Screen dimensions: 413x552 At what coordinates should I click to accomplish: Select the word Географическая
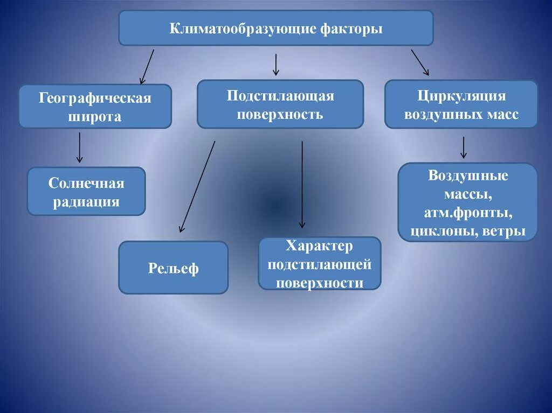coord(95,99)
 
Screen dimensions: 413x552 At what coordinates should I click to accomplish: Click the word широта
coord(95,116)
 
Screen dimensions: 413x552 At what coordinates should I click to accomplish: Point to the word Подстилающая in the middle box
coord(280,96)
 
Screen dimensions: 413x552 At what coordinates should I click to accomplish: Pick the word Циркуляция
coord(461,96)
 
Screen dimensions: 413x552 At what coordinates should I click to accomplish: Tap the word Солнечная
coord(86,184)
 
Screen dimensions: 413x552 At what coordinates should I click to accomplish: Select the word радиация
coord(86,202)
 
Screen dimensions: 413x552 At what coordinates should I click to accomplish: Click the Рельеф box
coord(173,268)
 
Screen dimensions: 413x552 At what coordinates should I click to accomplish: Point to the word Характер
coord(320,247)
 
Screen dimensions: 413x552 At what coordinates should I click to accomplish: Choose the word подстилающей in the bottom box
coord(320,265)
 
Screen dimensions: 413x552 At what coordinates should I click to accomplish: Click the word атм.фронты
coord(468,213)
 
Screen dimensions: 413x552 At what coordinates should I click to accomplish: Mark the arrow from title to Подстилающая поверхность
coord(276,65)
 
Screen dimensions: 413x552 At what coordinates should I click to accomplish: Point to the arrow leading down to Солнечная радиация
coord(80,147)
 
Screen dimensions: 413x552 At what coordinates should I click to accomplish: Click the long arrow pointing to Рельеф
coord(198,186)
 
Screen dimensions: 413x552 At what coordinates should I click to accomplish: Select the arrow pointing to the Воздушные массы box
coord(463,147)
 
